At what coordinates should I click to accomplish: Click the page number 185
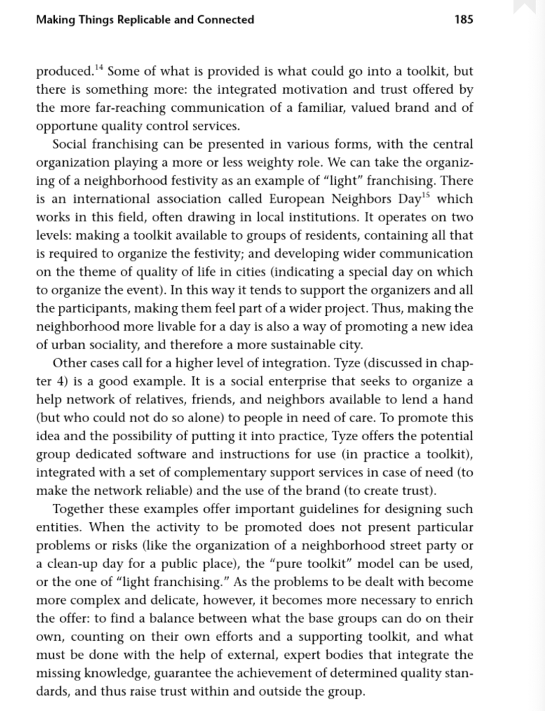pyautogui.click(x=463, y=19)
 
